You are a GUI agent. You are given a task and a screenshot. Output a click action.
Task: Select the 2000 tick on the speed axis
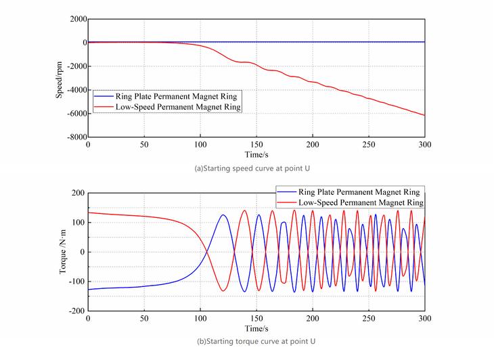point(76,18)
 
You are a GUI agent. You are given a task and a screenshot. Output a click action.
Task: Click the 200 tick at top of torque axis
point(78,194)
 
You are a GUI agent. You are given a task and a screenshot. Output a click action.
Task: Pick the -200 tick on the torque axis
point(76,311)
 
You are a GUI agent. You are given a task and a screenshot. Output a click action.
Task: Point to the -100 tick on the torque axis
point(76,282)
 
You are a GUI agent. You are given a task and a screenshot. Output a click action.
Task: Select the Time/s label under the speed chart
point(256,154)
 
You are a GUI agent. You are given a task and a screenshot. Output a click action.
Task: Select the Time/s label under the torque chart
point(256,328)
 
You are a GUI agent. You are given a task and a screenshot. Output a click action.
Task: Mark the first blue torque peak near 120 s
point(223,215)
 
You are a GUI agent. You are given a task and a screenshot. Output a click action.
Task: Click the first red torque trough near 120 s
point(223,291)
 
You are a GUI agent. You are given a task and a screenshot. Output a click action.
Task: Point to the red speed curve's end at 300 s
point(424,116)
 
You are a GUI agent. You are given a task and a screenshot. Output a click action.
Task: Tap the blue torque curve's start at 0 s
point(89,290)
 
